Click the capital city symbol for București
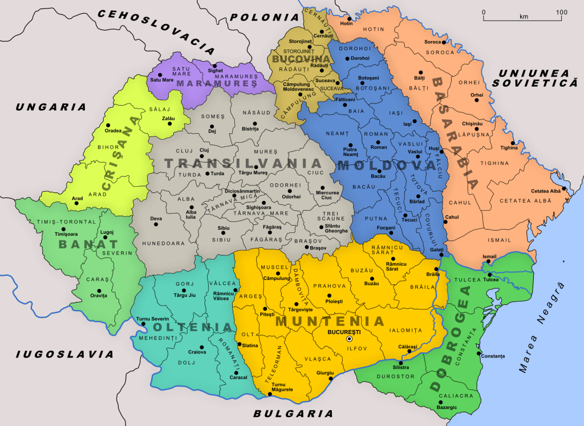point(350,339)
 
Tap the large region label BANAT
point(83,244)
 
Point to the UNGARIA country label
point(51,107)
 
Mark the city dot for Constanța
point(479,353)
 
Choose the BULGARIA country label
point(285,413)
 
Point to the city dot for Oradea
point(107,124)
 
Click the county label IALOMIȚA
point(405,330)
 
